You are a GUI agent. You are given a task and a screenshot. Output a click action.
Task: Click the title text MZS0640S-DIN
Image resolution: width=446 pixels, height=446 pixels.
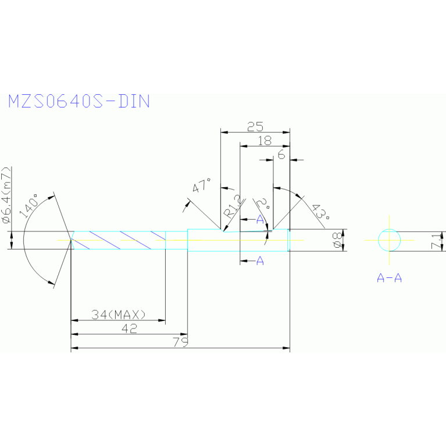point(79,101)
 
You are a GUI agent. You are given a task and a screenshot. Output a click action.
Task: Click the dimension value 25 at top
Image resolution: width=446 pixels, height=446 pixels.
point(255,126)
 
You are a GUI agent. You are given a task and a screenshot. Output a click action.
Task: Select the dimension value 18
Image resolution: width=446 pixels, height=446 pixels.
point(264,140)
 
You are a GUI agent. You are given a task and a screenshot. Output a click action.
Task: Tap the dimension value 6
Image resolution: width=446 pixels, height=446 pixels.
point(281,154)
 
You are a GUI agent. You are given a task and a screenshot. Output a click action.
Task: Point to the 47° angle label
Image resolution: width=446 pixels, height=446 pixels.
point(202,186)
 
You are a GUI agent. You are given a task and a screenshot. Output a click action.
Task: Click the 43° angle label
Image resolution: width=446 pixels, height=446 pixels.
point(319,212)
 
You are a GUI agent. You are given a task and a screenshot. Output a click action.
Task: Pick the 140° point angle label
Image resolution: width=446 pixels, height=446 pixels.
point(29,205)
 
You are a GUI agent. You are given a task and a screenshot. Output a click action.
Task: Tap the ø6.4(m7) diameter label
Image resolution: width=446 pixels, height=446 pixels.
point(6,197)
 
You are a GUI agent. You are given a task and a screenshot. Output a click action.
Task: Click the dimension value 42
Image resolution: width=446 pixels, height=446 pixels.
point(130,329)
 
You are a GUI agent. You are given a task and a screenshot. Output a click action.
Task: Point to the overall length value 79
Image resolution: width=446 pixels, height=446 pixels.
point(181,342)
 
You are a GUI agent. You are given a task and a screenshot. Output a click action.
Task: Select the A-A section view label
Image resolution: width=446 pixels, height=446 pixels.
point(389,278)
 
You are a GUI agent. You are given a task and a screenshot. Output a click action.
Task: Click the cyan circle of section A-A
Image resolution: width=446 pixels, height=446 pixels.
point(389,240)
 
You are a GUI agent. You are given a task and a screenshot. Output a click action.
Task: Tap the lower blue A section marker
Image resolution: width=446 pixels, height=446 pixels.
point(260,262)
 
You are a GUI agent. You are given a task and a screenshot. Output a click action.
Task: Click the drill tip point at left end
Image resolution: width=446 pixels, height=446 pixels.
point(71,240)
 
